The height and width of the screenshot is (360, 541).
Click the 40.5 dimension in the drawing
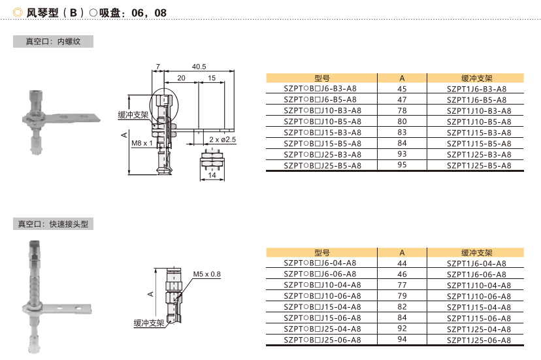click(x=199, y=67)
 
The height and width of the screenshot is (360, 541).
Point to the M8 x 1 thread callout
click(x=142, y=142)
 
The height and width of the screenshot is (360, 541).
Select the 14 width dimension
click(x=211, y=175)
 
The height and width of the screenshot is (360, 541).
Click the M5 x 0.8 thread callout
click(x=207, y=274)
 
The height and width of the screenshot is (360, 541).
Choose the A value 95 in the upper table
click(x=402, y=166)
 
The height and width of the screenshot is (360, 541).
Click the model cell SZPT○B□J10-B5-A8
click(x=322, y=122)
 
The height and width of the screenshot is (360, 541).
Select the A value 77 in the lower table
click(x=402, y=285)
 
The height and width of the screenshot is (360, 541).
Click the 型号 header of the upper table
click(x=322, y=78)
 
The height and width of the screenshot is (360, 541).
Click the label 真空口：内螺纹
click(x=52, y=42)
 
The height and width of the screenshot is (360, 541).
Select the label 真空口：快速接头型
click(x=52, y=224)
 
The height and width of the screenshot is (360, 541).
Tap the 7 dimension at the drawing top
click(x=157, y=67)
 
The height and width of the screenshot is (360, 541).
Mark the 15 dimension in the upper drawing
click(x=212, y=78)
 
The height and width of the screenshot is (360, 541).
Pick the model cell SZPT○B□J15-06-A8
click(x=322, y=318)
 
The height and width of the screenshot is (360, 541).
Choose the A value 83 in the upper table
click(x=402, y=133)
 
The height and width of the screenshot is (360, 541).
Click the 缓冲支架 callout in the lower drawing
click(x=150, y=323)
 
